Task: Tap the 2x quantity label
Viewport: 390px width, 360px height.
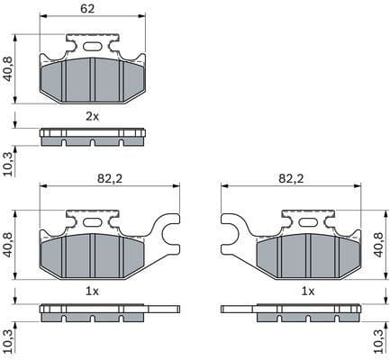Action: (x=93, y=117)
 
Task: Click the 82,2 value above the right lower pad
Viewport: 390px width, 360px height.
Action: (x=290, y=179)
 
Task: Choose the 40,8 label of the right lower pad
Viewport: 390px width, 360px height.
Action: (x=377, y=245)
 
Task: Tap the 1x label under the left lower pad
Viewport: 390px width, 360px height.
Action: (x=93, y=292)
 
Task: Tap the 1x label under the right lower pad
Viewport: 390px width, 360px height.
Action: (x=308, y=292)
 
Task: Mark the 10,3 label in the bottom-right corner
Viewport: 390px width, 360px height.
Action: (x=377, y=340)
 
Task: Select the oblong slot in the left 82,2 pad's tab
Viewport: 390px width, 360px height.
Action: (x=93, y=219)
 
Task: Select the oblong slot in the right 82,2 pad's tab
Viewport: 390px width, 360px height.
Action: (x=308, y=219)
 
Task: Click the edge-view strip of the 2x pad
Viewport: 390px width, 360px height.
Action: (x=93, y=137)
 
